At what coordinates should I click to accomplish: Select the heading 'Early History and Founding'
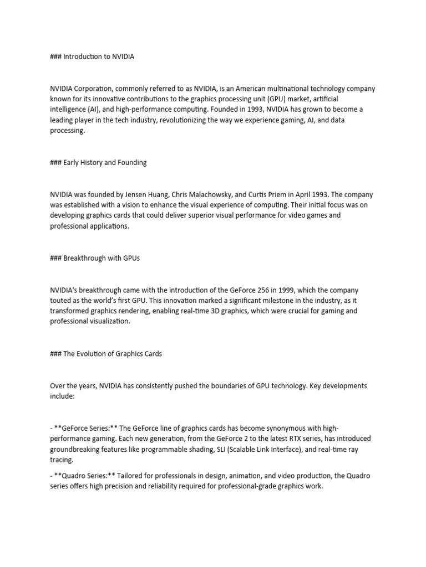click(105, 162)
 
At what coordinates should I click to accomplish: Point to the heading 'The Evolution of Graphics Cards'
click(113, 353)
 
